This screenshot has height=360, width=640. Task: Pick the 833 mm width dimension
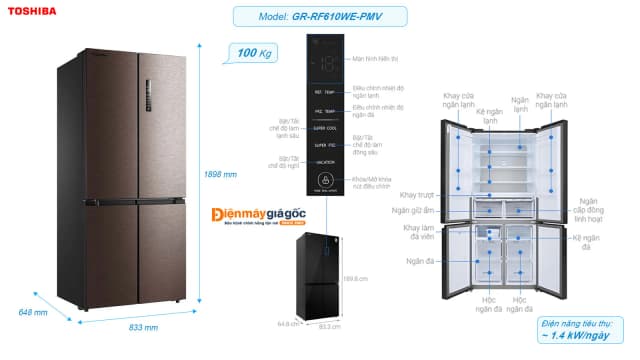143,327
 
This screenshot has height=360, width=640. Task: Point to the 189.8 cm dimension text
351,279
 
